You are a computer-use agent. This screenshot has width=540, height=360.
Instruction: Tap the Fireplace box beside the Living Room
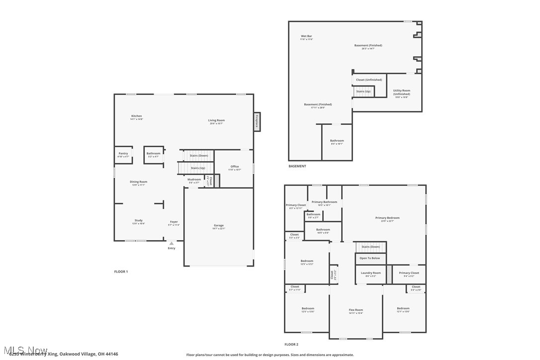pos(257,122)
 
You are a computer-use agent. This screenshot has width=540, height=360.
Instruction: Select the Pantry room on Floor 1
pos(123,155)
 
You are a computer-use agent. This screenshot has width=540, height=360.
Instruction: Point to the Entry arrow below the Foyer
pos(172,244)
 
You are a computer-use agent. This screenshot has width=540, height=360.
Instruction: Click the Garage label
pos(218,227)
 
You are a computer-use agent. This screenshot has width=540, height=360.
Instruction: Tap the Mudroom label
pos(194,180)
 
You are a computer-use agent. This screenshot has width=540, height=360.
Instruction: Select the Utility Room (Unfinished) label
pos(401,92)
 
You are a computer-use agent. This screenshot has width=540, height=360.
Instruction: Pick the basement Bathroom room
pos(337,142)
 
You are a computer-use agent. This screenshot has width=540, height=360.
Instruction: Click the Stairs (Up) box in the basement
pos(363,91)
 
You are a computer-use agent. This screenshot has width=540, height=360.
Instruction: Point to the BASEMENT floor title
pos(297,166)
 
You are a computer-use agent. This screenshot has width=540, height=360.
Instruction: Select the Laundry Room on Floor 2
pos(370,273)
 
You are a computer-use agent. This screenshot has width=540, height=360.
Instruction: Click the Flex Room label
pos(356,311)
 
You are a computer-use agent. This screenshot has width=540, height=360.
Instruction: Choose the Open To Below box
pos(369,258)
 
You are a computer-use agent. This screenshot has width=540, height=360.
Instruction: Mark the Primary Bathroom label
pos(324,203)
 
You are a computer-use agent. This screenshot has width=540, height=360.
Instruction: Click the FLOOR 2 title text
pos(291,344)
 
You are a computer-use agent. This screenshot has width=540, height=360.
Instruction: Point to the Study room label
pos(138,221)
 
